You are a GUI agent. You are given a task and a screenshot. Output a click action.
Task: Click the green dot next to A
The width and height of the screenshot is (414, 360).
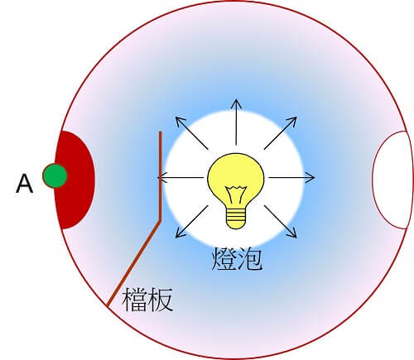tap(55, 175)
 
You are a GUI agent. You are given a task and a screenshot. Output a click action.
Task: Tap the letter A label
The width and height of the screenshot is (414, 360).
tap(25, 184)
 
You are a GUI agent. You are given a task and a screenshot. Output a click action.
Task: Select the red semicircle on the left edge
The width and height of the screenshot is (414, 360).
tap(75, 180)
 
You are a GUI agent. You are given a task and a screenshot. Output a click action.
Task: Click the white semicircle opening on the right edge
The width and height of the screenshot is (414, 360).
tap(390, 180)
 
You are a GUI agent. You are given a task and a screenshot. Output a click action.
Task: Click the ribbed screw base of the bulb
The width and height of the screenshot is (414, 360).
tap(236, 218)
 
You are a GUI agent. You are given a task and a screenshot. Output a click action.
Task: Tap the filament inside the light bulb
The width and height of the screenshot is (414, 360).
tap(236, 194)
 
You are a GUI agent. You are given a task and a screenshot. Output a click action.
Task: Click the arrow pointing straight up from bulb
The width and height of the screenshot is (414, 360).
tap(236, 122)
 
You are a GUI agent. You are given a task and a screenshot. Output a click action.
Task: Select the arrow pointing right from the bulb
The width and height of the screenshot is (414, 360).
tap(291, 177)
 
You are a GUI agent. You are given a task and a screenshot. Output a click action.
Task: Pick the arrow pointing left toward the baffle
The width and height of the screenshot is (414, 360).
tap(181, 177)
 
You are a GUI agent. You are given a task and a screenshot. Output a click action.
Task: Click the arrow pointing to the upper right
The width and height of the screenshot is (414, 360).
tap(281, 133)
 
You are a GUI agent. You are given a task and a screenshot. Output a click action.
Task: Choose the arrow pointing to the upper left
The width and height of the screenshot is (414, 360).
tap(192, 133)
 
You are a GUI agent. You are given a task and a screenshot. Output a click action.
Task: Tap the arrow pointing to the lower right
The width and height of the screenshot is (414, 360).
tap(281, 222)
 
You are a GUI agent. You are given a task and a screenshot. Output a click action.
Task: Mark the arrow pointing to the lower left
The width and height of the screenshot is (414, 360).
tap(192, 222)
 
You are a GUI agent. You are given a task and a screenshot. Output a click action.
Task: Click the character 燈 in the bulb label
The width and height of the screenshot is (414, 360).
tap(224, 258)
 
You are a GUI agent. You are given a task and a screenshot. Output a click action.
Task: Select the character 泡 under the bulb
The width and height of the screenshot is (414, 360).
tap(250, 258)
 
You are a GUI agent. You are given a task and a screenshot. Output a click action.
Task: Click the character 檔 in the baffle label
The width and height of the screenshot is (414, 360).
tap(134, 300)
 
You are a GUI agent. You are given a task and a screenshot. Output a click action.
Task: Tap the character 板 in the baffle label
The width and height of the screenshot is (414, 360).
tap(160, 300)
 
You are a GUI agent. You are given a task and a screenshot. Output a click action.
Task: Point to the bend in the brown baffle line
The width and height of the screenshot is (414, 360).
tap(160, 220)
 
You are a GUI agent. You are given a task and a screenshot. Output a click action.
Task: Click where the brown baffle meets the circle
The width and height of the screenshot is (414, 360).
tap(108, 305)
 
